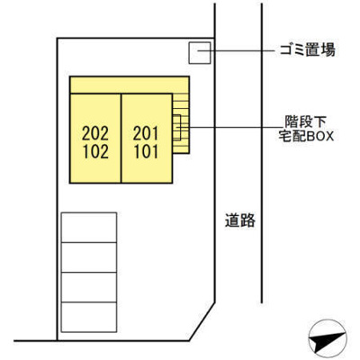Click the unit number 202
coord(95,133)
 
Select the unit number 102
coord(95,152)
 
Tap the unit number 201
coord(146,133)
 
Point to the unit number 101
coord(146,152)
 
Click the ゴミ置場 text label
coord(308,49)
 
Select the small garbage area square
coord(200,53)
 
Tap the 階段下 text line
coord(305,122)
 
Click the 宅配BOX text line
coord(306,137)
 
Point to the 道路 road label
coord(240,220)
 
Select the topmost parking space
coord(89,228)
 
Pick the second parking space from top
coord(89,257)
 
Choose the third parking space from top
coord(89,287)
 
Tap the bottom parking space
coord(89,317)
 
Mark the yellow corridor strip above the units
coord(130,85)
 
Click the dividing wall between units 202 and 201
coord(121,139)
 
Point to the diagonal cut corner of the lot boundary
coord(202,321)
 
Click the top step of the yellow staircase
coord(181,97)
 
